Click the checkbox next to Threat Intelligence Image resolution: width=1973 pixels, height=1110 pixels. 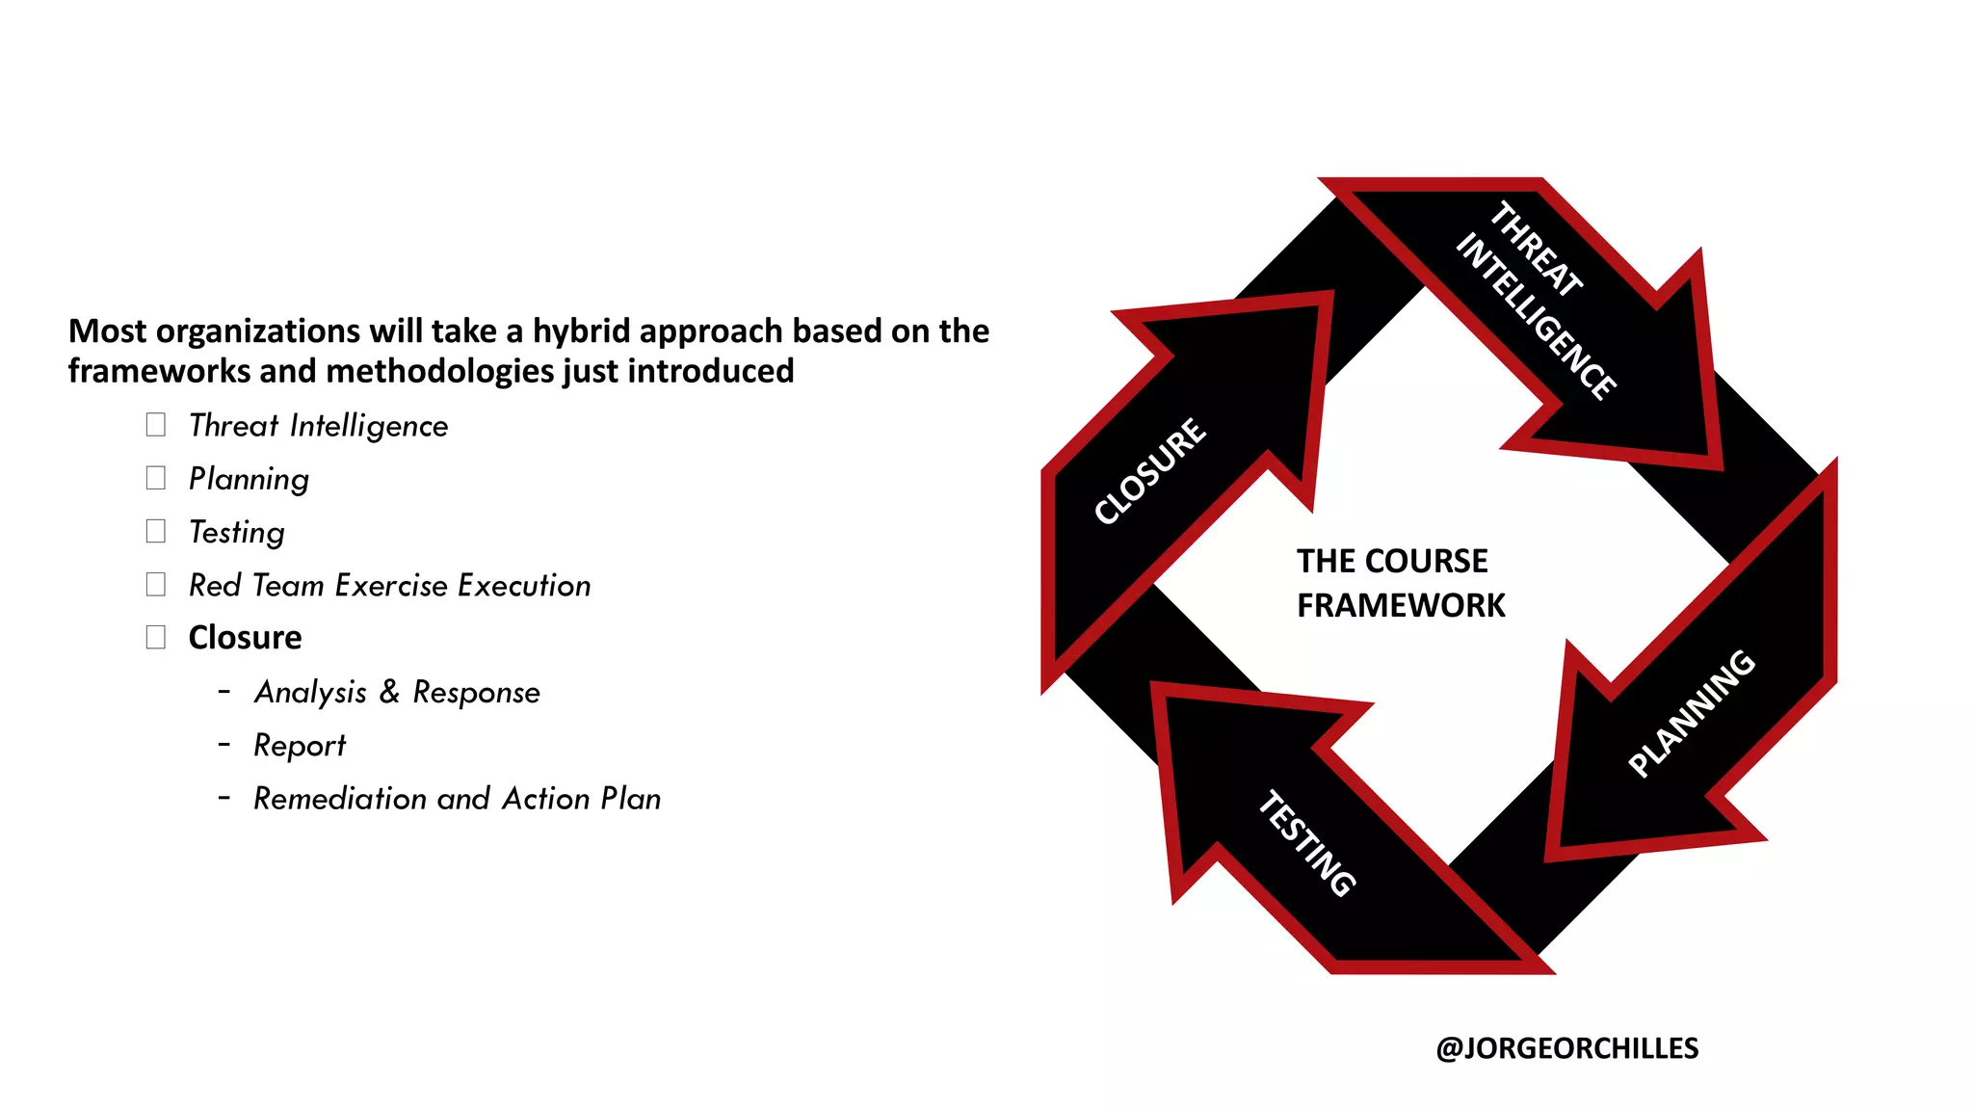coord(156,425)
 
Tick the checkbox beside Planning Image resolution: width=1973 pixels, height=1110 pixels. coord(156,478)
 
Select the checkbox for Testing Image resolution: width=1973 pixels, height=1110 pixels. coord(156,531)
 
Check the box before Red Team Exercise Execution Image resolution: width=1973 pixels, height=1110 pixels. coord(156,584)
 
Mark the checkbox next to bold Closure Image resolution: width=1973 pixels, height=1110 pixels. coord(156,637)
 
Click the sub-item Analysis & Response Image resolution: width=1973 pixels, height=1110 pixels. coord(397,692)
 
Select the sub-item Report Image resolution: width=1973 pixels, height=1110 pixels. coord(300,745)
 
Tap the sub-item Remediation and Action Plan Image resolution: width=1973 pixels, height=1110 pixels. coord(457,798)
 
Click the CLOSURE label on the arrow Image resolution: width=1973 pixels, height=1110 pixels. coord(1150,471)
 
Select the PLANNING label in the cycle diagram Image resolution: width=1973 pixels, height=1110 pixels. coord(1692,713)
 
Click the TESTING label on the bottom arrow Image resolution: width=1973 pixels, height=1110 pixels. coord(1307,843)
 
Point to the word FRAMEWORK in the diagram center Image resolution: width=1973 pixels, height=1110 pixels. coord(1401,605)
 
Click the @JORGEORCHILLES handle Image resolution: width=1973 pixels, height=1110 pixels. coord(1566,1048)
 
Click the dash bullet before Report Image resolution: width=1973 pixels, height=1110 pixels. coord(224,745)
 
